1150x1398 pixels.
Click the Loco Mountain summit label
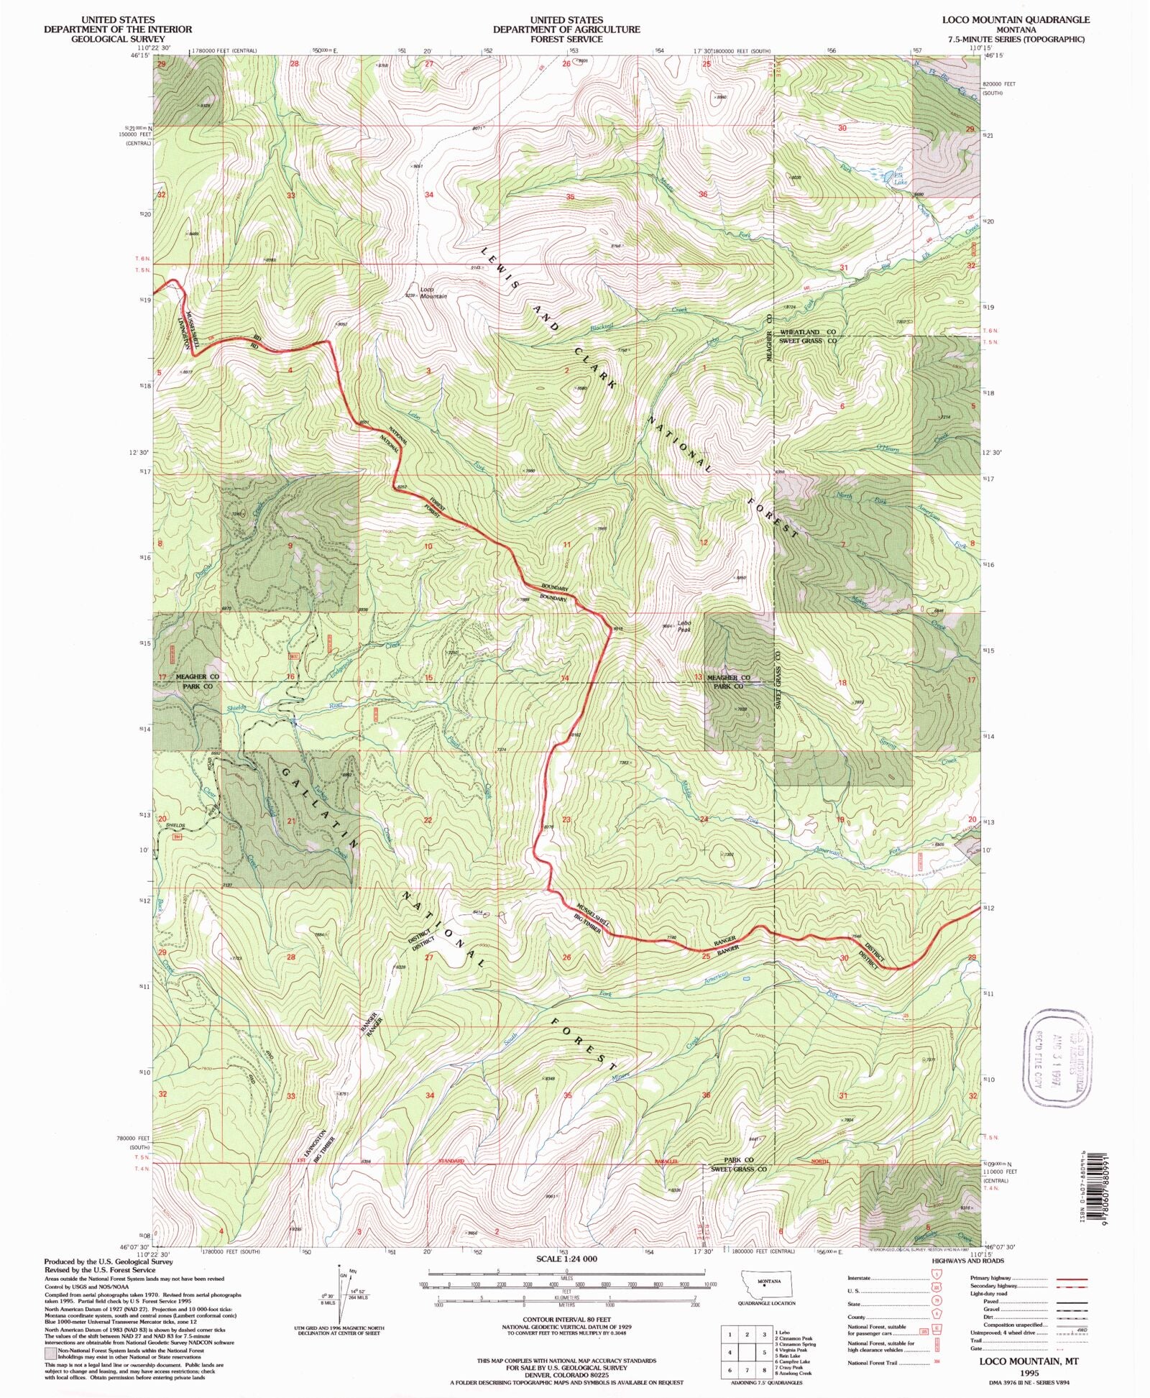pyautogui.click(x=433, y=293)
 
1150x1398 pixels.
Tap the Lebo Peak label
pyautogui.click(x=684, y=626)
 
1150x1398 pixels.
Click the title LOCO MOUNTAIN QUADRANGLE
pyautogui.click(x=1016, y=20)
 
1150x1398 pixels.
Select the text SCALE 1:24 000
pyautogui.click(x=566, y=1259)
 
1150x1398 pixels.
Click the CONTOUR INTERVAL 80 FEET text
pyautogui.click(x=567, y=1320)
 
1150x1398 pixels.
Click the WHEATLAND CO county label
pyautogui.click(x=809, y=332)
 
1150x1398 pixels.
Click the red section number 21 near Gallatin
pyautogui.click(x=291, y=820)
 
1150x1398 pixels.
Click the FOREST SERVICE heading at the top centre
pyautogui.click(x=566, y=39)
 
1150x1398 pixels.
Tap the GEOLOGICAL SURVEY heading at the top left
pyautogui.click(x=117, y=39)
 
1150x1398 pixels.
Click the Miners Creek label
pyautogui.click(x=622, y=1076)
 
